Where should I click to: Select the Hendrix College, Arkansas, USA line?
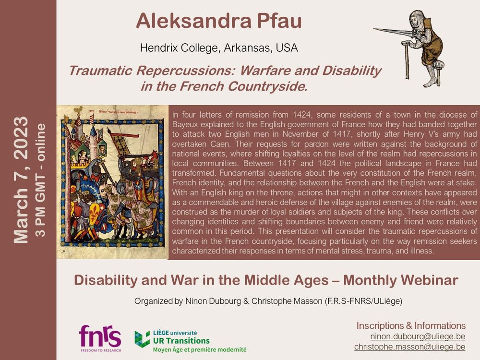point(219,48)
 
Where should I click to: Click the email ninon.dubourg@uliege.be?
point(418,336)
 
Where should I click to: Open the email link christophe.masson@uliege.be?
point(409,347)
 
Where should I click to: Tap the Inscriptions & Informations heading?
point(411,326)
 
